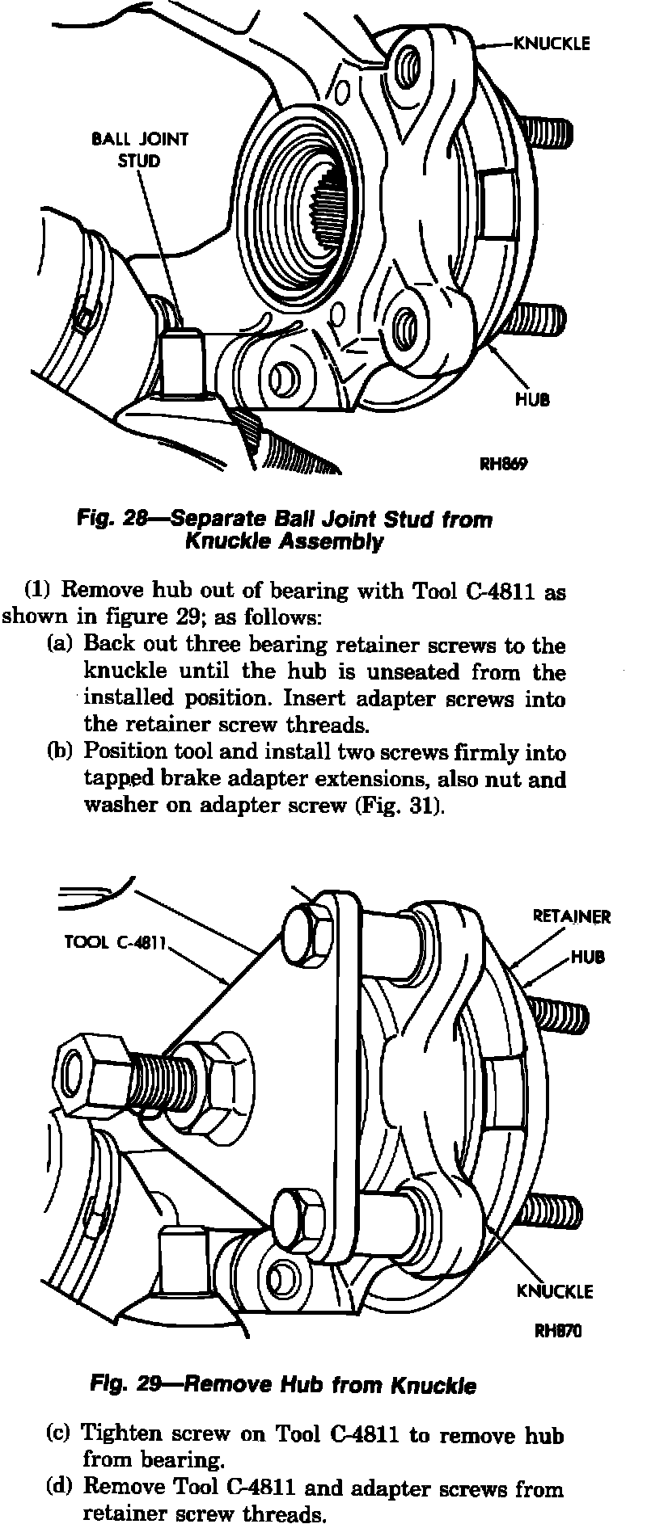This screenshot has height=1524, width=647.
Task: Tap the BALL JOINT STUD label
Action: click(x=139, y=149)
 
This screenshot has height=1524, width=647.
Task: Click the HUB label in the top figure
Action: click(x=532, y=399)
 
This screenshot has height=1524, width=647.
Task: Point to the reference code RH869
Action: click(x=504, y=464)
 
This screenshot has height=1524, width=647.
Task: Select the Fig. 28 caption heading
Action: click(x=284, y=530)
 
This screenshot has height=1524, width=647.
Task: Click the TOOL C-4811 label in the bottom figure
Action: click(x=114, y=943)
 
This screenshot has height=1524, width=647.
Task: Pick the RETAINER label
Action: click(x=572, y=916)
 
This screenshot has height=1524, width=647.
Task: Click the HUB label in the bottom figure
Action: click(x=588, y=957)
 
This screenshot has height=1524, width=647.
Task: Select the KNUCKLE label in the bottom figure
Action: click(x=555, y=1290)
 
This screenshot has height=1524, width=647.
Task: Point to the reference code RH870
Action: click(x=558, y=1331)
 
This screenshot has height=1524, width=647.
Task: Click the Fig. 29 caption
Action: click(x=283, y=1385)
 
